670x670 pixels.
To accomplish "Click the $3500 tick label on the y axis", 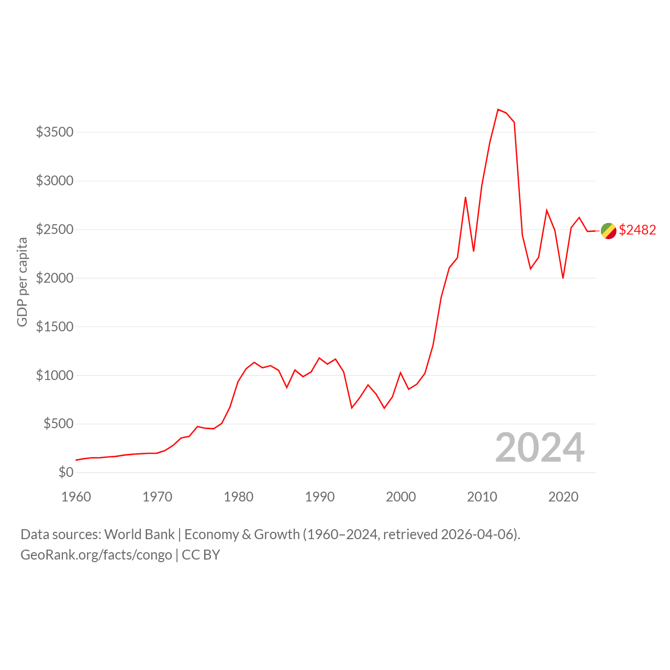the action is [x=54, y=132].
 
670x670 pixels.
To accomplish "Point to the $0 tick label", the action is [x=66, y=472].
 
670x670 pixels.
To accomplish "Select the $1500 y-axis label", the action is [x=54, y=327].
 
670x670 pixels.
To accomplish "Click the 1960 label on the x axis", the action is [x=76, y=497].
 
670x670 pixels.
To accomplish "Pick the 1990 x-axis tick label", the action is [x=319, y=497].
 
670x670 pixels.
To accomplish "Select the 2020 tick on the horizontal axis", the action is [x=563, y=497].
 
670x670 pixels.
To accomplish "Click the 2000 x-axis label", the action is [x=401, y=497].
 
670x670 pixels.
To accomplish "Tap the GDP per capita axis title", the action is [x=23, y=282].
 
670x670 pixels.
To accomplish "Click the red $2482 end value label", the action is [x=638, y=230].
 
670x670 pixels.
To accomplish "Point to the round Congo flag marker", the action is [x=608, y=231].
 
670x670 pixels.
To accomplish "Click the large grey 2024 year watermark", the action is [x=540, y=448].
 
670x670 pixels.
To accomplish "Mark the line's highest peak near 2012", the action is [x=498, y=109].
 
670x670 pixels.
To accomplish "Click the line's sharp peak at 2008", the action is [x=465, y=197].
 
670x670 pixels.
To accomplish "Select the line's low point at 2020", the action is [x=563, y=278].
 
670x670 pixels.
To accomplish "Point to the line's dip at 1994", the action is [x=352, y=408].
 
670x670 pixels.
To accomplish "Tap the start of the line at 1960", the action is [x=76, y=460].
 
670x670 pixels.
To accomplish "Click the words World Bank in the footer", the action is [x=139, y=534].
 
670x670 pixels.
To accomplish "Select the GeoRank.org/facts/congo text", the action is [x=96, y=555].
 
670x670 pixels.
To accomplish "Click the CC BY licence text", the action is [x=201, y=555].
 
